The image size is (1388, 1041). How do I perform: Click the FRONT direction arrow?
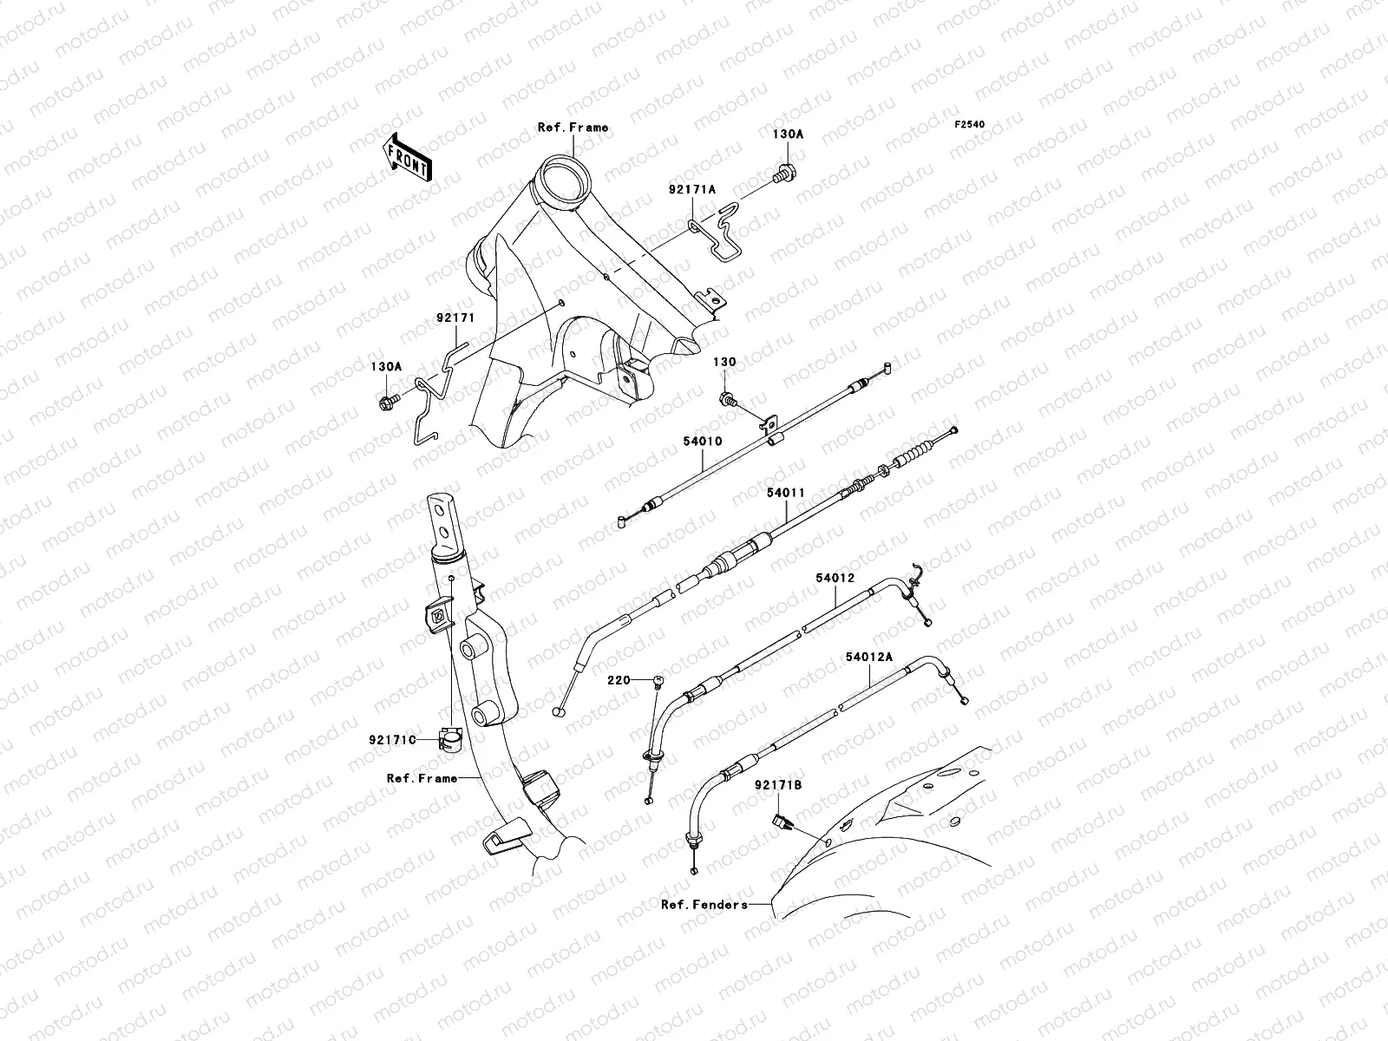[407, 157]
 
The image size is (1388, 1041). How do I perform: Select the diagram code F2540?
[969, 125]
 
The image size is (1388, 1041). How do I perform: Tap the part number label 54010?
[703, 442]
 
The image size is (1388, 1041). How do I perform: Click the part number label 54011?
[786, 493]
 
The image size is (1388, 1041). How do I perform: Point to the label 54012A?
[869, 657]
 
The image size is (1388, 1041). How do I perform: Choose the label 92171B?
[778, 784]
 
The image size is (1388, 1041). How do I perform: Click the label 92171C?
[393, 740]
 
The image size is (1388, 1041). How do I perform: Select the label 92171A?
[692, 189]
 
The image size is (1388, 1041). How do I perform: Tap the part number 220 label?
[619, 680]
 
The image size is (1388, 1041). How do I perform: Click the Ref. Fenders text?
[704, 905]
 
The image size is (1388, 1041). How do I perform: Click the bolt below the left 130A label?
[389, 401]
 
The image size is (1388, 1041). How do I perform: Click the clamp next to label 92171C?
[450, 740]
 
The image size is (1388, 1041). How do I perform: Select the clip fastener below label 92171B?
[782, 822]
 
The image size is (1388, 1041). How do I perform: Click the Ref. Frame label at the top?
[573, 127]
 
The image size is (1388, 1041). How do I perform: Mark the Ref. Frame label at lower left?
[422, 778]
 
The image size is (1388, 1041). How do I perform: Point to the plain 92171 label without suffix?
[456, 318]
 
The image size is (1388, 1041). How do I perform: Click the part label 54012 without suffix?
[835, 578]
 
